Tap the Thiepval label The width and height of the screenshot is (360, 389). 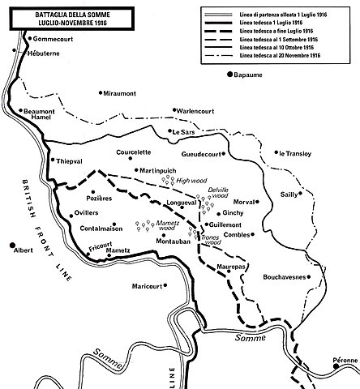click(x=71, y=161)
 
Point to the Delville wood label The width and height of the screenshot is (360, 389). click(x=219, y=192)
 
